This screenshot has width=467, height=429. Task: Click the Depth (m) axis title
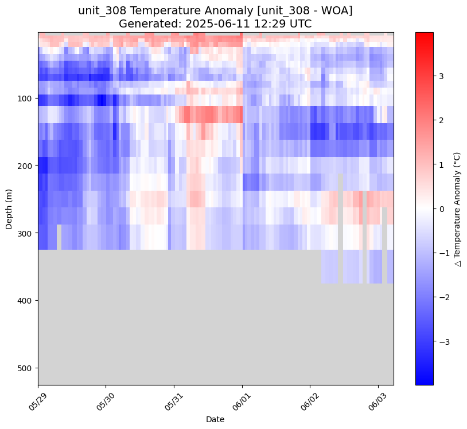[9, 208]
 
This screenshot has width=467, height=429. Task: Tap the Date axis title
[215, 419]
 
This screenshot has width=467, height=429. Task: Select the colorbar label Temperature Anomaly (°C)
[458, 208]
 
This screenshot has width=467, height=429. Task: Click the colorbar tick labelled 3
[442, 76]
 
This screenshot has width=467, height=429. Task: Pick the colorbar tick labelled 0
[442, 208]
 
